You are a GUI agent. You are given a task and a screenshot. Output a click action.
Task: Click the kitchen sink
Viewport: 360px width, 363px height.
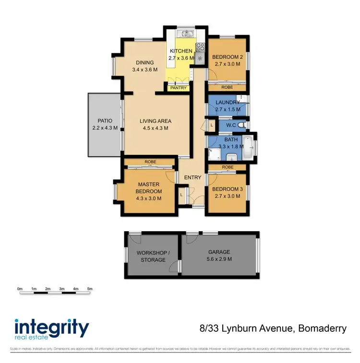[x=185, y=34]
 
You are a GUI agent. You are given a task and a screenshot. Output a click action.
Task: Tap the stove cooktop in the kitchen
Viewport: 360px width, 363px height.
[x=200, y=47]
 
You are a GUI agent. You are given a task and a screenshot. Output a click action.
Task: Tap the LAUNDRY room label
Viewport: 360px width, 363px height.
[x=228, y=103]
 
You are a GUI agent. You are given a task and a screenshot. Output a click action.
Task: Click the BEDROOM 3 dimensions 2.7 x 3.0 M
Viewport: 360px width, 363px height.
[x=228, y=196]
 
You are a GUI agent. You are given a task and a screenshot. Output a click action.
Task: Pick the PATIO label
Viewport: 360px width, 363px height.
[x=105, y=121]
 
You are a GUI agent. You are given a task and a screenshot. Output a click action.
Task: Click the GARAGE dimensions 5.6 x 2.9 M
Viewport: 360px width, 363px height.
[x=219, y=259]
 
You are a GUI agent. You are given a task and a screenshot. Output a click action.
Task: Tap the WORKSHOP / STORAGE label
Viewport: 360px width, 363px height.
[x=151, y=256]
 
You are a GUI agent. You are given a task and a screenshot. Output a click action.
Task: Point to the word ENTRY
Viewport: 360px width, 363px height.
[x=192, y=177]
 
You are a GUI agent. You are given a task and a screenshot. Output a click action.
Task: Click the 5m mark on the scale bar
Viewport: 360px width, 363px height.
[x=89, y=289]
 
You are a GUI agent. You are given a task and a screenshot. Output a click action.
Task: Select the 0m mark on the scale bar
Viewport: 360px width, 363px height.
[x=20, y=289]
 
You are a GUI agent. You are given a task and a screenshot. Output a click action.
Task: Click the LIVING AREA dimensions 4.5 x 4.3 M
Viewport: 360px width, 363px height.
[x=156, y=128]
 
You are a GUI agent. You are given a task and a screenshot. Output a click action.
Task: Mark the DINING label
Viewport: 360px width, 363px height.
[x=144, y=62]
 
